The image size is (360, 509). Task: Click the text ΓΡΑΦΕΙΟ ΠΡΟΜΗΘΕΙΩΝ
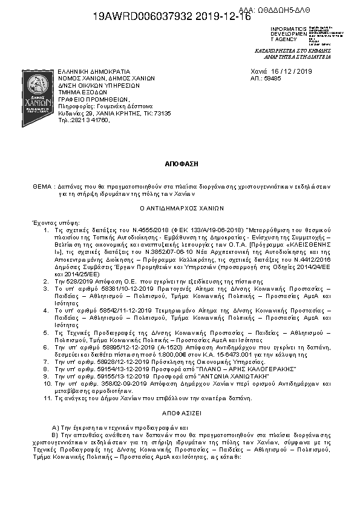pos(94,99)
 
